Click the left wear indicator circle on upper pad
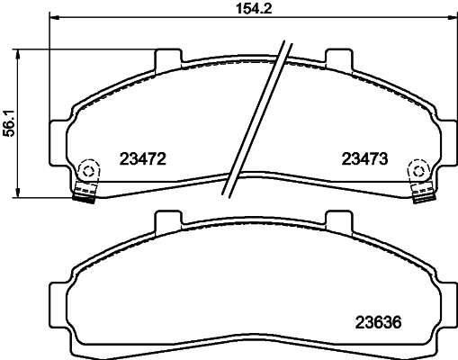pyautogui.click(x=88, y=169)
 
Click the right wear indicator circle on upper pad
pyautogui.click(x=418, y=169)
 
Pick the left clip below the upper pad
pyautogui.click(x=85, y=193)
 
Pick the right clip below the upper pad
pyautogui.click(x=420, y=193)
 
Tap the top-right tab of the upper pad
pyautogui.click(x=337, y=58)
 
